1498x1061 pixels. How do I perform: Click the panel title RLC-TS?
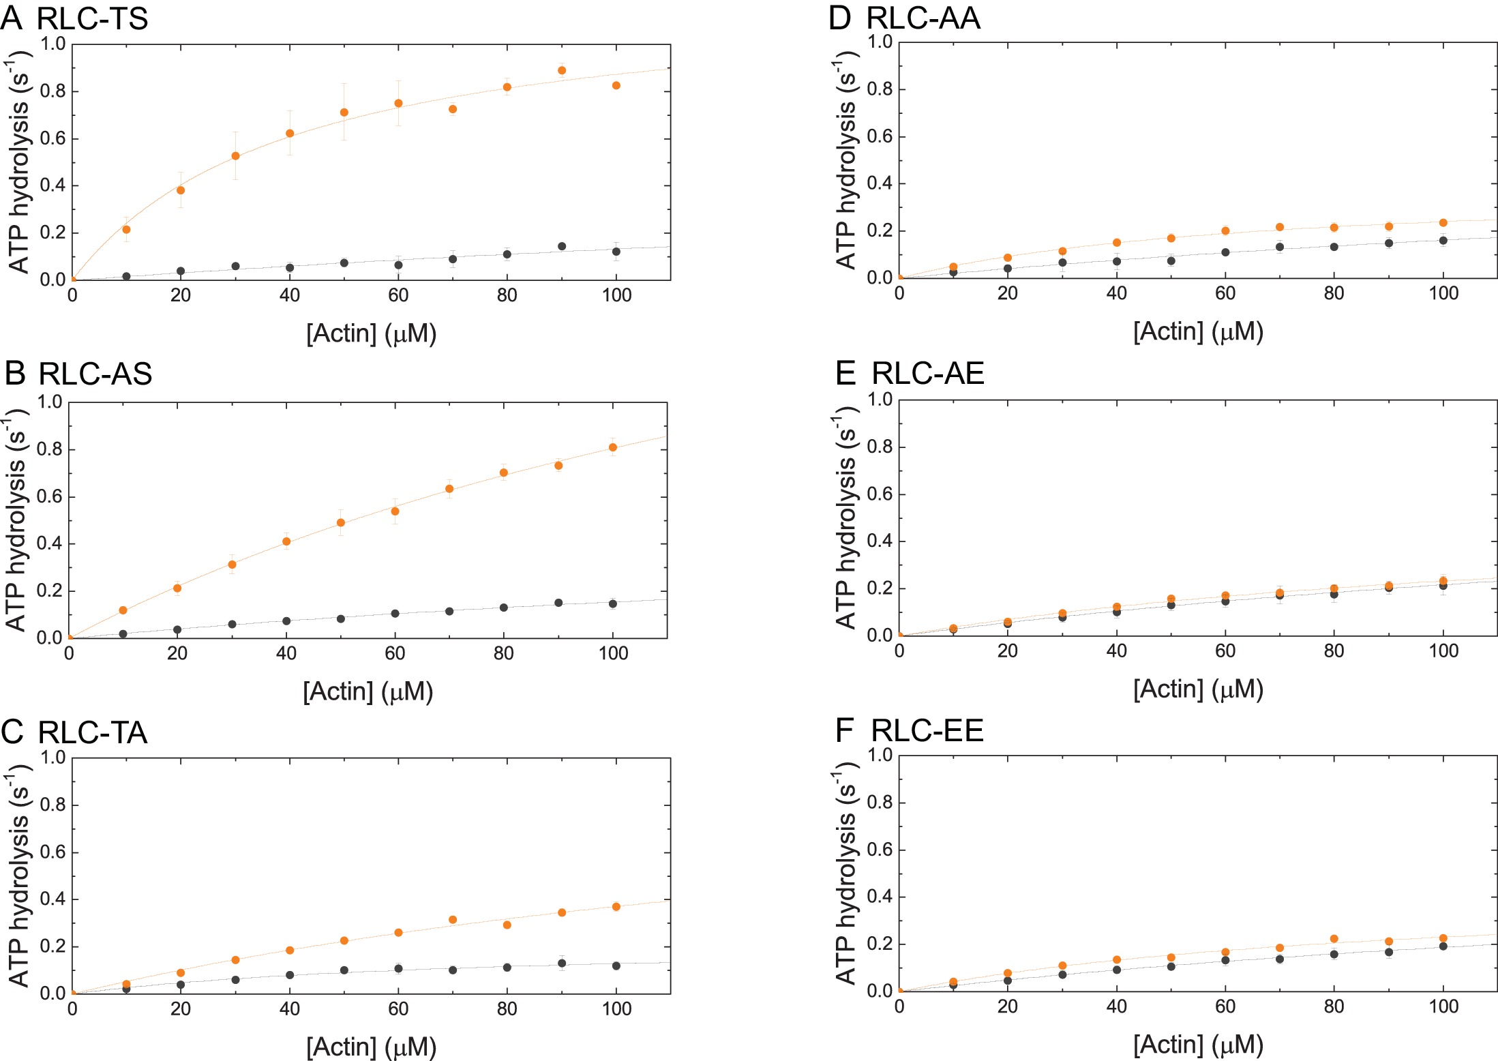coord(92,18)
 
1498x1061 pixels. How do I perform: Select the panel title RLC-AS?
coord(95,374)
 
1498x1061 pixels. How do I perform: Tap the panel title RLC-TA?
coord(93,732)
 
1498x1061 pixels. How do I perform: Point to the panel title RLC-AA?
coord(923,18)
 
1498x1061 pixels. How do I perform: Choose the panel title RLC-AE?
coord(927,373)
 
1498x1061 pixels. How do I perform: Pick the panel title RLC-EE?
coord(927,730)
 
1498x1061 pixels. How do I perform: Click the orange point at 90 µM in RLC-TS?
coord(562,70)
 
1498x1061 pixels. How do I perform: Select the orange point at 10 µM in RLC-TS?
coord(126,230)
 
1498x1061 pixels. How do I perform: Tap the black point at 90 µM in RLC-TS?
coord(562,246)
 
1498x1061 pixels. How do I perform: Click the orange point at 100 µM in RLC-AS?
coord(613,447)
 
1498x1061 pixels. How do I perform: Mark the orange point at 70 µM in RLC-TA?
coord(453,920)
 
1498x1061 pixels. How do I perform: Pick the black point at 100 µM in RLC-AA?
coord(1443,240)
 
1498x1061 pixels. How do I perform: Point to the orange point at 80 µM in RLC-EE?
coord(1334,939)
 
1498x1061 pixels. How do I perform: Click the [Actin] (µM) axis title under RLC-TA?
coord(371,1047)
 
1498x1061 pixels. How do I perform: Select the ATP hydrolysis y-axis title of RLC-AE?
coord(845,518)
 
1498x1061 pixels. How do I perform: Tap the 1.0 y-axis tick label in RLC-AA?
coord(880,42)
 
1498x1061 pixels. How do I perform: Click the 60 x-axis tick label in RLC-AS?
coord(395,653)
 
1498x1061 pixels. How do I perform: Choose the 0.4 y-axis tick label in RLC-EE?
coord(880,897)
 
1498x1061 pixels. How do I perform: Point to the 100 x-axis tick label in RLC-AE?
coord(1443,651)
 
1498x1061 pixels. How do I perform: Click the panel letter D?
coord(840,18)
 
